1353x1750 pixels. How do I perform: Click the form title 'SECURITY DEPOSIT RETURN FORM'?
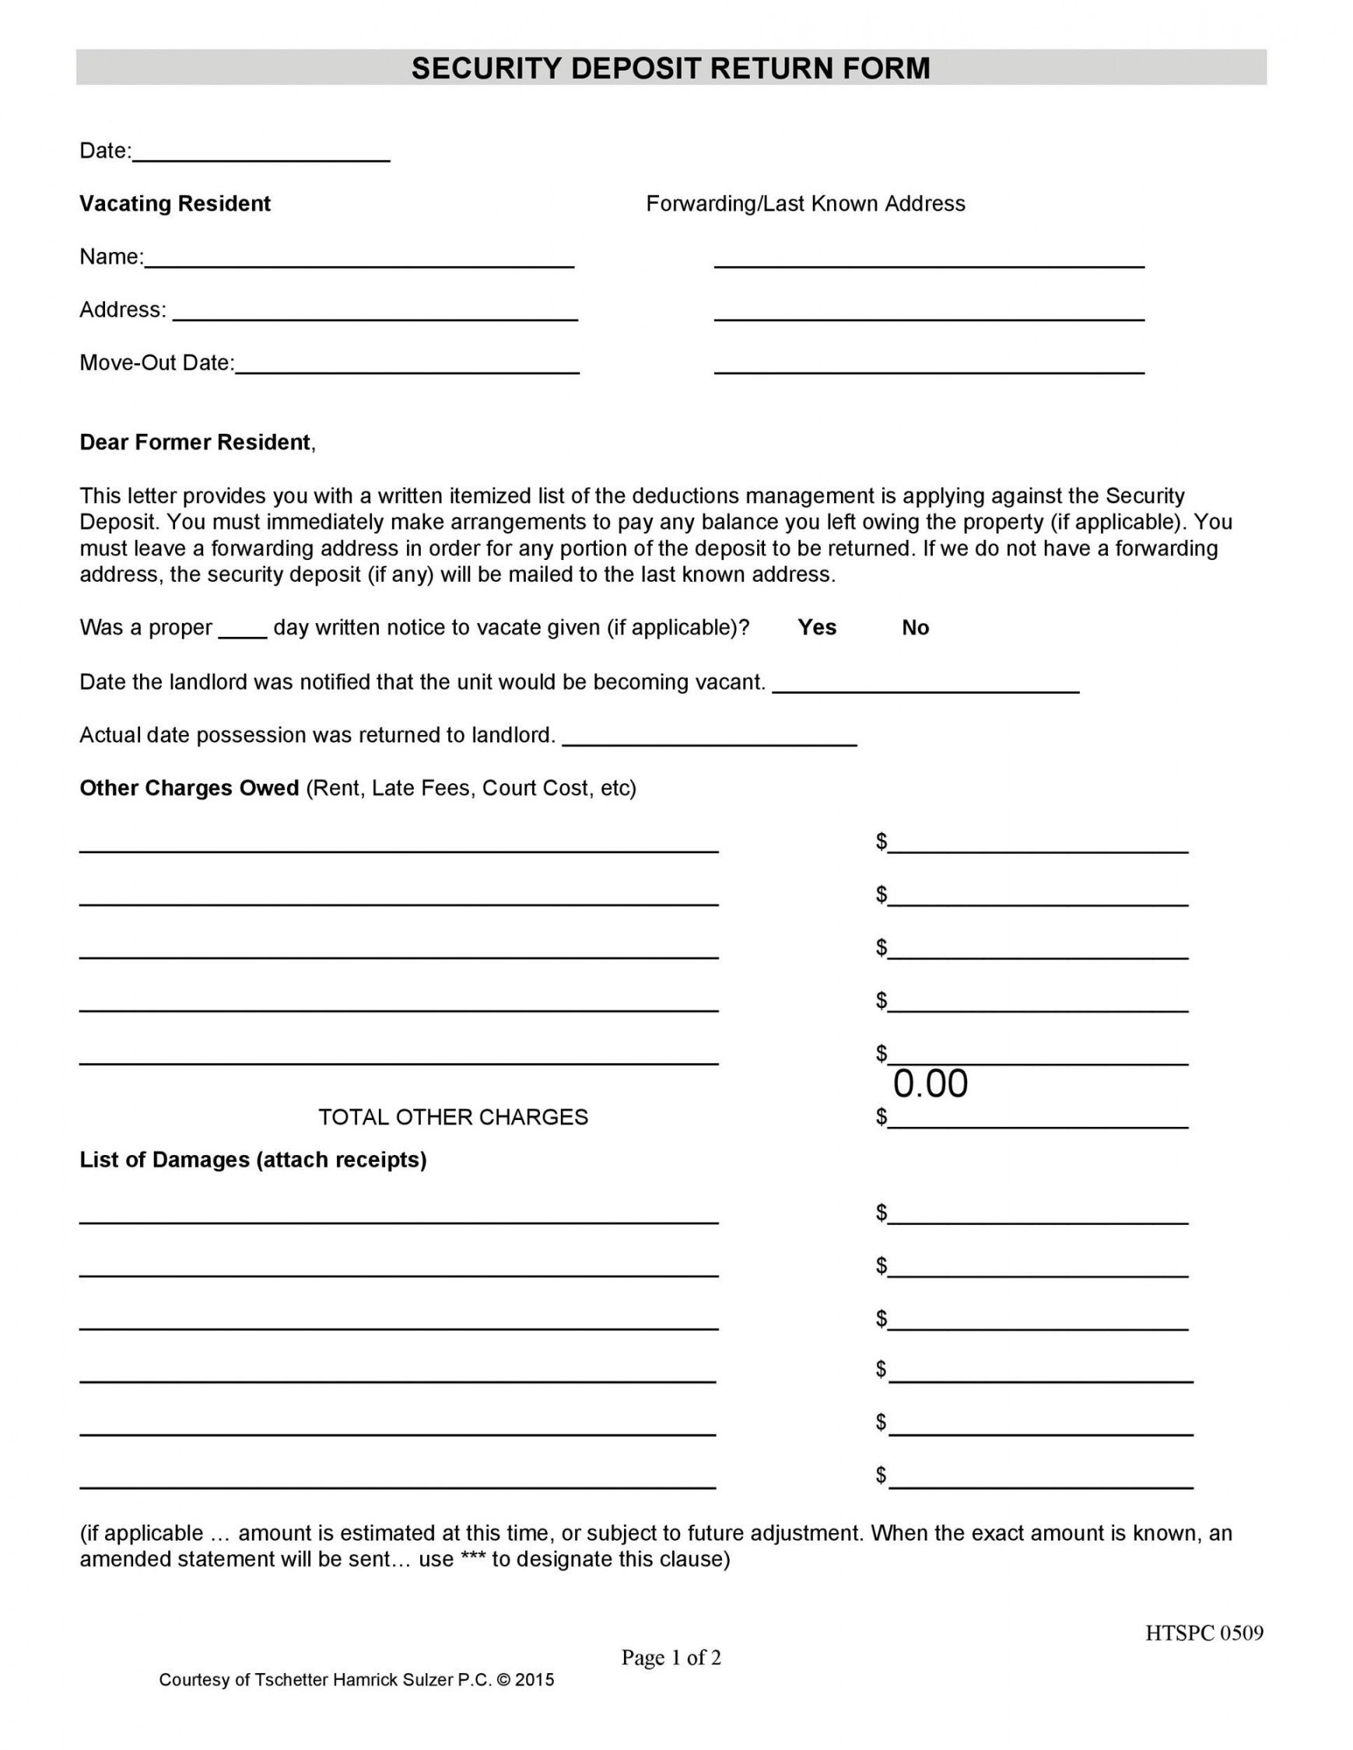pyautogui.click(x=670, y=69)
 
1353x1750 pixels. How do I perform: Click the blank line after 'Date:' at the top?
pyautogui.click(x=261, y=152)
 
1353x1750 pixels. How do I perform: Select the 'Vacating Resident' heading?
pyautogui.click(x=175, y=204)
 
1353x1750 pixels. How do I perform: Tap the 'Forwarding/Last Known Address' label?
pyautogui.click(x=804, y=204)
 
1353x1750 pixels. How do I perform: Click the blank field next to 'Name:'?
pyautogui.click(x=359, y=258)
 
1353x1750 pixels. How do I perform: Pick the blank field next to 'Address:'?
pyautogui.click(x=374, y=311)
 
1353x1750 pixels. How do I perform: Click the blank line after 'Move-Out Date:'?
pyautogui.click(x=406, y=364)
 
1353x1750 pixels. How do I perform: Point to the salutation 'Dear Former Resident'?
pyautogui.click(x=195, y=443)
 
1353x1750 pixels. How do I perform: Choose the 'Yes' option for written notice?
pyautogui.click(x=816, y=628)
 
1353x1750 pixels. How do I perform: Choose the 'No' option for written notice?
pyautogui.click(x=914, y=628)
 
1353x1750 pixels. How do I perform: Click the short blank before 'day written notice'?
pyautogui.click(x=242, y=629)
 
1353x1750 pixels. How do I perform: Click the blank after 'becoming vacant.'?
pyautogui.click(x=925, y=683)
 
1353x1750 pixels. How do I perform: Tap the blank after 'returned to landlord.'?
pyautogui.click(x=709, y=737)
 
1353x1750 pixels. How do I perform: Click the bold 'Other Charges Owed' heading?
pyautogui.click(x=189, y=789)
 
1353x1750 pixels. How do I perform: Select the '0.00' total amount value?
pyautogui.click(x=930, y=1084)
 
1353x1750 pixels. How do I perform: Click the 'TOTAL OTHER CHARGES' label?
pyautogui.click(x=453, y=1117)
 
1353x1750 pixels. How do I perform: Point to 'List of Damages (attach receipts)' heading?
pyautogui.click(x=253, y=1160)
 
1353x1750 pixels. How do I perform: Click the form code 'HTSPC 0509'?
pyautogui.click(x=1203, y=1633)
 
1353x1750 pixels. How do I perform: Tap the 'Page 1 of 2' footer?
pyautogui.click(x=671, y=1657)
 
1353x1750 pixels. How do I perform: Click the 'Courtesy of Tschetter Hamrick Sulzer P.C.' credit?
pyautogui.click(x=356, y=1680)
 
